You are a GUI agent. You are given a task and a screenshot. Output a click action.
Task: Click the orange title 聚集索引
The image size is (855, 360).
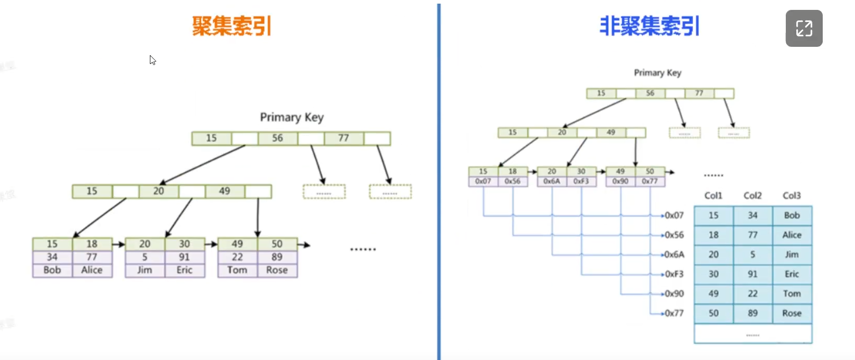pyautogui.click(x=232, y=26)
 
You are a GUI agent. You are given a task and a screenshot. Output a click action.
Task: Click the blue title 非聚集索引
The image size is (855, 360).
pyautogui.click(x=649, y=26)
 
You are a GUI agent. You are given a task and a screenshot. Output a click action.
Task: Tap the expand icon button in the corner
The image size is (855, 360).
pyautogui.click(x=803, y=29)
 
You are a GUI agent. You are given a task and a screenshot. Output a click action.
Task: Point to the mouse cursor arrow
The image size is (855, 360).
pyautogui.click(x=152, y=60)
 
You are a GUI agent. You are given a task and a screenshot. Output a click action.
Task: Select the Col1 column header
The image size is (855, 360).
pyautogui.click(x=713, y=196)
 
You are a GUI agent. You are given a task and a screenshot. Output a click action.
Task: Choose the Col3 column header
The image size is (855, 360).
pyautogui.click(x=792, y=196)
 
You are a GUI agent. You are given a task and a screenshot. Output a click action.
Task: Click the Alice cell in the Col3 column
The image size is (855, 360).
pyautogui.click(x=792, y=235)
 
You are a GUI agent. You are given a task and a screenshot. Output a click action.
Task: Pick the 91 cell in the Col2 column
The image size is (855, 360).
pyautogui.click(x=752, y=274)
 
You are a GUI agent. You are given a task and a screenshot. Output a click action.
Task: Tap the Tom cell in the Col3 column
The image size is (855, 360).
pyautogui.click(x=792, y=294)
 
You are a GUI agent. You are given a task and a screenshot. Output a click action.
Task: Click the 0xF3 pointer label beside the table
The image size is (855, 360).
pyautogui.click(x=674, y=274)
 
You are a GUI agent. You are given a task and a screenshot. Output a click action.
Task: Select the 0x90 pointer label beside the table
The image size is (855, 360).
pyautogui.click(x=674, y=294)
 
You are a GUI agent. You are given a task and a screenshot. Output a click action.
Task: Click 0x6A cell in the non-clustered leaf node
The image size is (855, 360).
pyautogui.click(x=552, y=181)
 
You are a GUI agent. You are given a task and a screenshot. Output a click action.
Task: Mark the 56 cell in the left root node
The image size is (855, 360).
pyautogui.click(x=277, y=138)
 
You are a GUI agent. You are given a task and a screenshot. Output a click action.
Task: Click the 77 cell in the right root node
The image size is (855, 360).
pyautogui.click(x=699, y=94)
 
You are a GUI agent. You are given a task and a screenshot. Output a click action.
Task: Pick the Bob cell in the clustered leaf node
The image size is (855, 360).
pyautogui.click(x=52, y=271)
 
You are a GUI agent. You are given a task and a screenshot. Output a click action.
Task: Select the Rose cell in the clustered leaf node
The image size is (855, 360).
pyautogui.click(x=277, y=271)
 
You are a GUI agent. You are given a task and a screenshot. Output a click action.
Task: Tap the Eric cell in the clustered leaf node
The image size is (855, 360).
pyautogui.click(x=184, y=271)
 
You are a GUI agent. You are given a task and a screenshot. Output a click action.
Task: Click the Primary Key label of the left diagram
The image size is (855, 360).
pyautogui.click(x=291, y=118)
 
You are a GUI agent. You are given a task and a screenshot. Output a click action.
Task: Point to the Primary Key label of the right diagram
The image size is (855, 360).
pyautogui.click(x=657, y=73)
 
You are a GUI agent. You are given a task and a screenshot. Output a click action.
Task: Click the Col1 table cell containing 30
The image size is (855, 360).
pyautogui.click(x=713, y=274)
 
